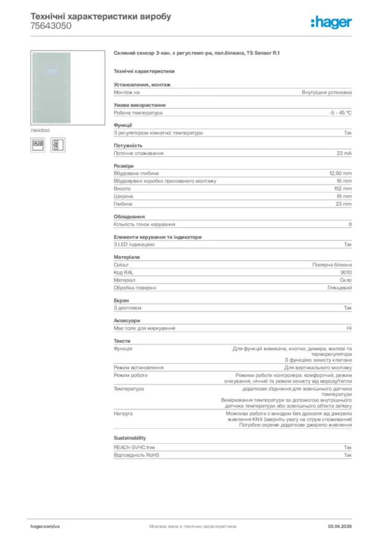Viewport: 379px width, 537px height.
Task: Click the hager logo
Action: [331, 22]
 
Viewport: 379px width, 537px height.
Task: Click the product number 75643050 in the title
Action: [51, 26]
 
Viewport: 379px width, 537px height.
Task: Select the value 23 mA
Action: [344, 153]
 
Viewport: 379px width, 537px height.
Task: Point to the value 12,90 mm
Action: [340, 174]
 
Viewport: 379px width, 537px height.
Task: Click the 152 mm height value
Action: [343, 189]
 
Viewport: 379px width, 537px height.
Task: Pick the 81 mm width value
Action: [344, 196]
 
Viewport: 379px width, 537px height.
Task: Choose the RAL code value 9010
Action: [346, 273]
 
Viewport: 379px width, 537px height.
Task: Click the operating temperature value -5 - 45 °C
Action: [340, 113]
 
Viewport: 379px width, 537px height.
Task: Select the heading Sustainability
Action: [130, 438]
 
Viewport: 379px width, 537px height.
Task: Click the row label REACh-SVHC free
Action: [135, 447]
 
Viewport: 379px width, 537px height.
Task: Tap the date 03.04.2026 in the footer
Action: [340, 526]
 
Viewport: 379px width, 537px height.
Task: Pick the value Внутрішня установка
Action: [327, 92]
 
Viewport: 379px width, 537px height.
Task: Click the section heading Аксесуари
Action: [127, 320]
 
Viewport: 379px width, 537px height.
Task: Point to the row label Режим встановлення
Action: [139, 368]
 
